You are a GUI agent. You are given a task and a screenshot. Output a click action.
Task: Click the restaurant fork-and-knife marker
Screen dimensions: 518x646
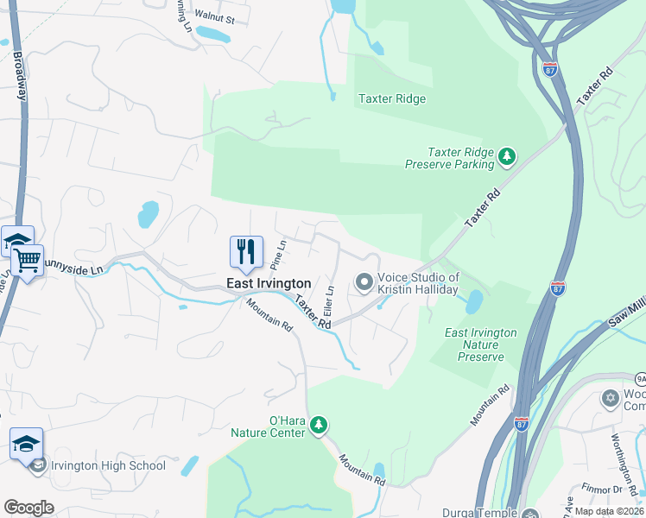[x=246, y=251]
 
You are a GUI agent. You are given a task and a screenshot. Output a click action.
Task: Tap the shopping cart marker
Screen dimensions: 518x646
[x=28, y=259]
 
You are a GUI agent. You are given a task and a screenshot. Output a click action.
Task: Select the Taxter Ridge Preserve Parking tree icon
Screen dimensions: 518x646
[x=507, y=156]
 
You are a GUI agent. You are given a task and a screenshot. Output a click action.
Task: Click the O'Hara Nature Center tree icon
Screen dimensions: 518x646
[x=319, y=425]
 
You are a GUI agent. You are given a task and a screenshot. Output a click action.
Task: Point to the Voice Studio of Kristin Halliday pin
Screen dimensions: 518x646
[x=364, y=282]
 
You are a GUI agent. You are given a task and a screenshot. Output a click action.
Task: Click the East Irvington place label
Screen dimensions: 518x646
[x=268, y=283]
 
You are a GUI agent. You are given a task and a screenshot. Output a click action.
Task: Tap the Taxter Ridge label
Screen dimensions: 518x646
[x=392, y=98]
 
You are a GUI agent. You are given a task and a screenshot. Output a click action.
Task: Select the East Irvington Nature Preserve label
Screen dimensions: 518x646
[x=480, y=344]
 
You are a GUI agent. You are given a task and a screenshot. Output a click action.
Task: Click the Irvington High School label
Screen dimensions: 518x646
[x=108, y=466]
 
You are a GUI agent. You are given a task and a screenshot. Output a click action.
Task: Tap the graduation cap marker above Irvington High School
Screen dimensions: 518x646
[x=26, y=444]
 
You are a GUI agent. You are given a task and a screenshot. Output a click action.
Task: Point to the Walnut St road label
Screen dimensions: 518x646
[x=214, y=15]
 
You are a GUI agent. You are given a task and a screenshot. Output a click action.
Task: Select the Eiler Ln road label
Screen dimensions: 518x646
[x=329, y=300]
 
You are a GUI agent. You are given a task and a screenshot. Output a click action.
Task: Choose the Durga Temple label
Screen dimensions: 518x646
[x=478, y=512]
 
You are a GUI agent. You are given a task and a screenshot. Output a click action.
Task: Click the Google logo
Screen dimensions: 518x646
[x=28, y=508]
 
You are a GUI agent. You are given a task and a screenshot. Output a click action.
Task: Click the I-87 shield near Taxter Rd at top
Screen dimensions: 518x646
[x=549, y=68]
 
